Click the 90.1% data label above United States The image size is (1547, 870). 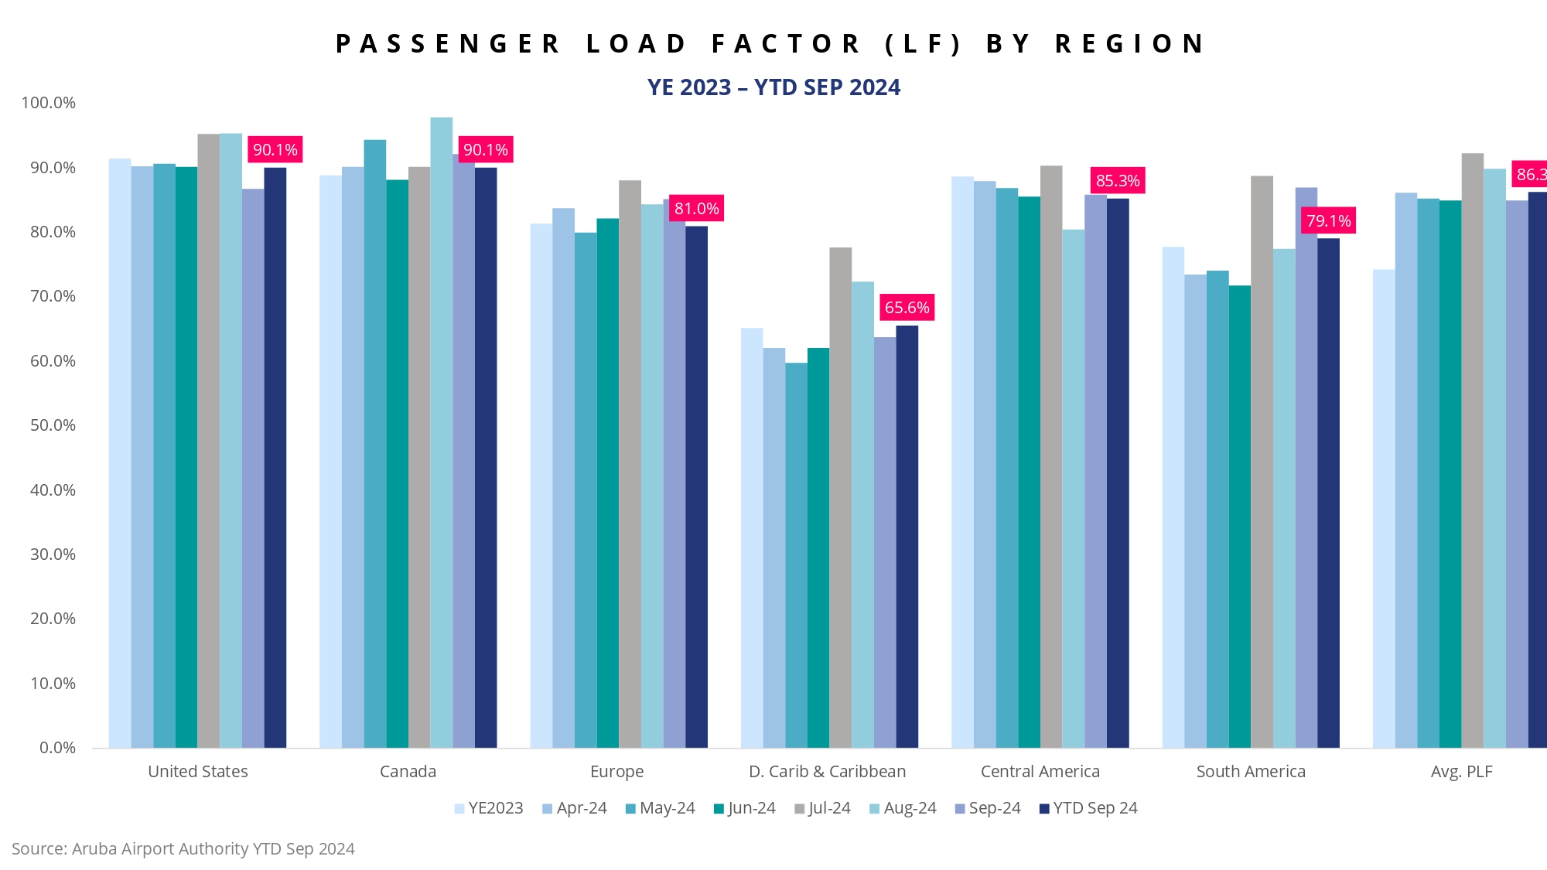point(275,150)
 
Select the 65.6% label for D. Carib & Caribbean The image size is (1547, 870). point(907,308)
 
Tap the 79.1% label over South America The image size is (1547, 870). point(1328,221)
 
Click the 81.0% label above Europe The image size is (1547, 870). point(696,209)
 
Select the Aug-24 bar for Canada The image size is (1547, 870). point(442,432)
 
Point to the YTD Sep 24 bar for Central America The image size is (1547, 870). point(1118,473)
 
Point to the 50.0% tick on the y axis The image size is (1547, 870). point(53,425)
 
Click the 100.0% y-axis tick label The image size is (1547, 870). point(49,103)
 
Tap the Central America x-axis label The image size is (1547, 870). point(1040,772)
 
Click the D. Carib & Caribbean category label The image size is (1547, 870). point(827,772)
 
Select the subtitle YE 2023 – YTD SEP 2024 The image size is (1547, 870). point(773,87)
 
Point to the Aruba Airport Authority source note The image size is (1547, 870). point(183,849)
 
